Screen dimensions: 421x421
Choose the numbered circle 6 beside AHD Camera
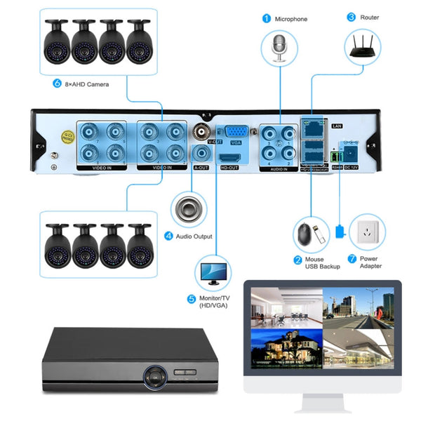pyautogui.click(x=58, y=84)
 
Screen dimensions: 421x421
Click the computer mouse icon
pyautogui.click(x=305, y=234)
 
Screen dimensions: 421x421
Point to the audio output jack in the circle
pyautogui.click(x=190, y=208)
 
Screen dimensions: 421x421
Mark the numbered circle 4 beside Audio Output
pyautogui.click(x=169, y=236)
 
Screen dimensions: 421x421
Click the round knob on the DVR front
pyautogui.click(x=152, y=377)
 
